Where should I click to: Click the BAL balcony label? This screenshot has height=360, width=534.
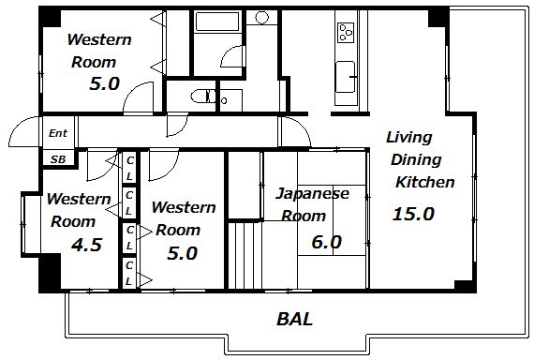(294, 320)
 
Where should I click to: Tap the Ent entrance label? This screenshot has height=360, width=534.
(58, 133)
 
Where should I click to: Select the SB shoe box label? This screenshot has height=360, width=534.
(58, 159)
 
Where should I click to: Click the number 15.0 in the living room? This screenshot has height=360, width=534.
(413, 214)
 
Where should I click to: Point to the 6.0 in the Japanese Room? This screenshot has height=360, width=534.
(326, 242)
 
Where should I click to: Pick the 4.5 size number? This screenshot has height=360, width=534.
(86, 245)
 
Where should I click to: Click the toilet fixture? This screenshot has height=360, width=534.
(203, 97)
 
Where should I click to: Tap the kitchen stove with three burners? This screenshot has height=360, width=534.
(346, 33)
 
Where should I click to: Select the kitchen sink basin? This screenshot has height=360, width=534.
(346, 77)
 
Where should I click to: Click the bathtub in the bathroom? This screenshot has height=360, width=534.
(217, 22)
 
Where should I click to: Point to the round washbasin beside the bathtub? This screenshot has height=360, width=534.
(261, 18)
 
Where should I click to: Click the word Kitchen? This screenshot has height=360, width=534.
(425, 182)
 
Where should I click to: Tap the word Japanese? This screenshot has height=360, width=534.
(312, 194)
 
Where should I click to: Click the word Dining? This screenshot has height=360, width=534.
(416, 160)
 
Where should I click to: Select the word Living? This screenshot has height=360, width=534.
(409, 138)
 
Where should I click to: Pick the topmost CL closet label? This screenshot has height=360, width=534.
(129, 168)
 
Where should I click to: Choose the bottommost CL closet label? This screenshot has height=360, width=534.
(128, 273)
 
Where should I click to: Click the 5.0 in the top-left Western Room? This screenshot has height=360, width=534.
(104, 83)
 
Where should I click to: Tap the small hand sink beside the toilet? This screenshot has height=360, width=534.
(224, 100)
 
